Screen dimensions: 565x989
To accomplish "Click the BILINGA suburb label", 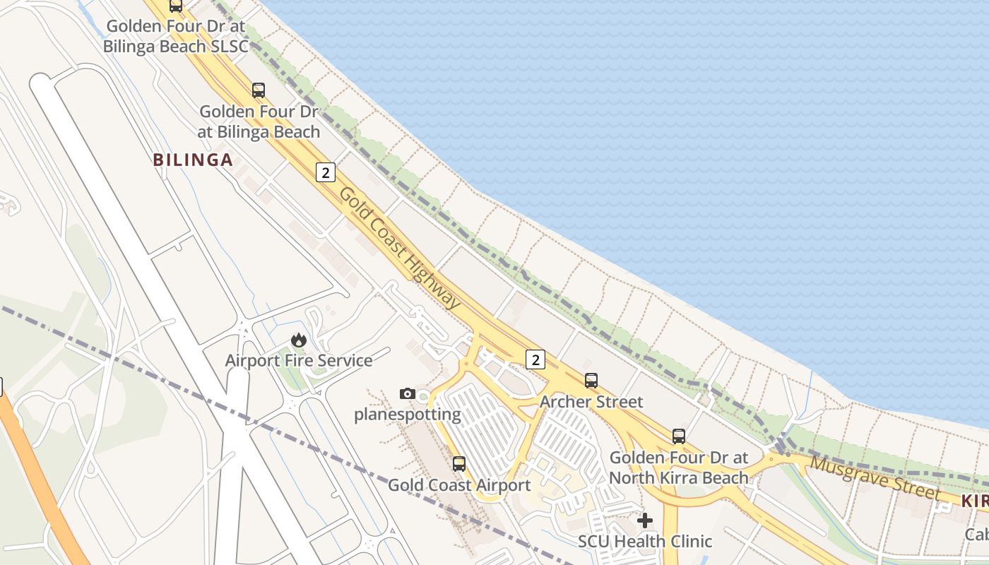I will coord(193,160).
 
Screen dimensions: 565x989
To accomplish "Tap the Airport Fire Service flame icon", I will coord(299,340).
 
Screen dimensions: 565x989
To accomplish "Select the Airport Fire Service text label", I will coord(299,361).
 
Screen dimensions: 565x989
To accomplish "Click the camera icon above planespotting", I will coord(407,393).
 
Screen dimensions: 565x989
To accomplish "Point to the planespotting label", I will coord(408,414).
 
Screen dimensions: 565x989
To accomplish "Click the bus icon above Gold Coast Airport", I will coord(459,464).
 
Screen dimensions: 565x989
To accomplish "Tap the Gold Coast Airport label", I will coord(459,485).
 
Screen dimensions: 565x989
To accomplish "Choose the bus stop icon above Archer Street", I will coord(591,381).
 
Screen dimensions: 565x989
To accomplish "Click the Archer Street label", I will coord(591,402).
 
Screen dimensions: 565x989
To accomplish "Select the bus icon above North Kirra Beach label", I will coord(679,436).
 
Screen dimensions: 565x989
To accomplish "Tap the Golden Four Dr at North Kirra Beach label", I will coord(678,468).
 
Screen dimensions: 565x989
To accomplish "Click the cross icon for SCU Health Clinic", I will coord(645,521).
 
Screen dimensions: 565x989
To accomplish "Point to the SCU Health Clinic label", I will coord(645,542).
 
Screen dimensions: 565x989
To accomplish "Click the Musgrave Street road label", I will coord(875,478).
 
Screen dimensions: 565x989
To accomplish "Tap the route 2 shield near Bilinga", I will coord(325,172).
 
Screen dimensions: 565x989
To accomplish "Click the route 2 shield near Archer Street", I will coord(535,360).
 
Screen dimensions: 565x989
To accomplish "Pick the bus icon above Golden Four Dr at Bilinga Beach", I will coord(259,90).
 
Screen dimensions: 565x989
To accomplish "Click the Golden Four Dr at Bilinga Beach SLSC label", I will coord(176,37).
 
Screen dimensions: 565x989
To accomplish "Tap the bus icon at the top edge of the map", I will coord(176,6).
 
